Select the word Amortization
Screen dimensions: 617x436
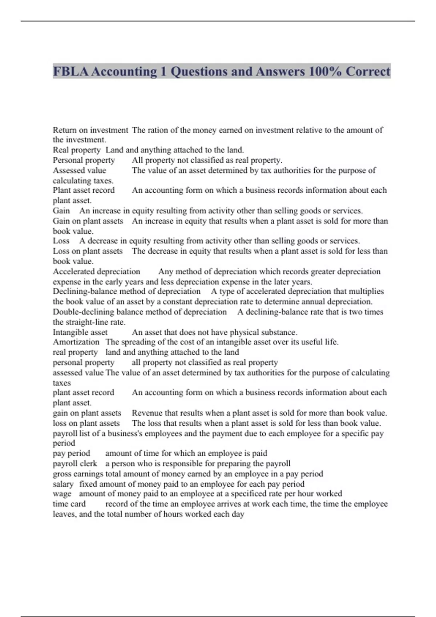coord(76,342)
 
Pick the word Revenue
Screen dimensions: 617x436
coord(147,413)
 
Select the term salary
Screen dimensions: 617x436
coord(63,484)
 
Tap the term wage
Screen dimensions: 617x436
coord(62,494)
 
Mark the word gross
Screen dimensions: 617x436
coord(62,474)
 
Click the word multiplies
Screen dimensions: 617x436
coord(366,291)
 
